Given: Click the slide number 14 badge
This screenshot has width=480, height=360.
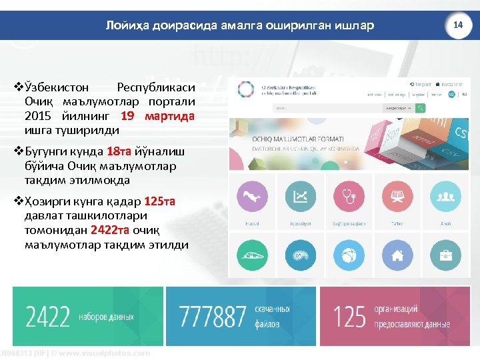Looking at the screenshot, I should (x=457, y=25).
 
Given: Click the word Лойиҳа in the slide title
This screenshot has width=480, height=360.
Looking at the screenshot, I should (x=128, y=25).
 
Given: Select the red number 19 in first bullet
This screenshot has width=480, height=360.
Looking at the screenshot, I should (x=127, y=116).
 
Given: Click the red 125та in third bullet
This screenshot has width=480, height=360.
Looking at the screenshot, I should (x=159, y=201).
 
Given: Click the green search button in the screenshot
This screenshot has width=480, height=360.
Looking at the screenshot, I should (x=419, y=107).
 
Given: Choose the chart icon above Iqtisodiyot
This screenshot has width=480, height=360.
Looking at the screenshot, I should (x=301, y=196).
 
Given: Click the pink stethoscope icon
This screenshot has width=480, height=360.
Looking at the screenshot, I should (x=349, y=196).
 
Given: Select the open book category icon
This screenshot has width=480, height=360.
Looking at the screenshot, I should (x=397, y=196).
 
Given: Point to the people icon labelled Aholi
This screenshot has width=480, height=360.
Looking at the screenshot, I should (x=445, y=196).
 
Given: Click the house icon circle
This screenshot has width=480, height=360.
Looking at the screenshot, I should (x=397, y=255).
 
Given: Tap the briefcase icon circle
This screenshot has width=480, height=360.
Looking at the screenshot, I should (x=445, y=255).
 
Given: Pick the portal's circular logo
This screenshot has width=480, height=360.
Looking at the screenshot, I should (x=247, y=91).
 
